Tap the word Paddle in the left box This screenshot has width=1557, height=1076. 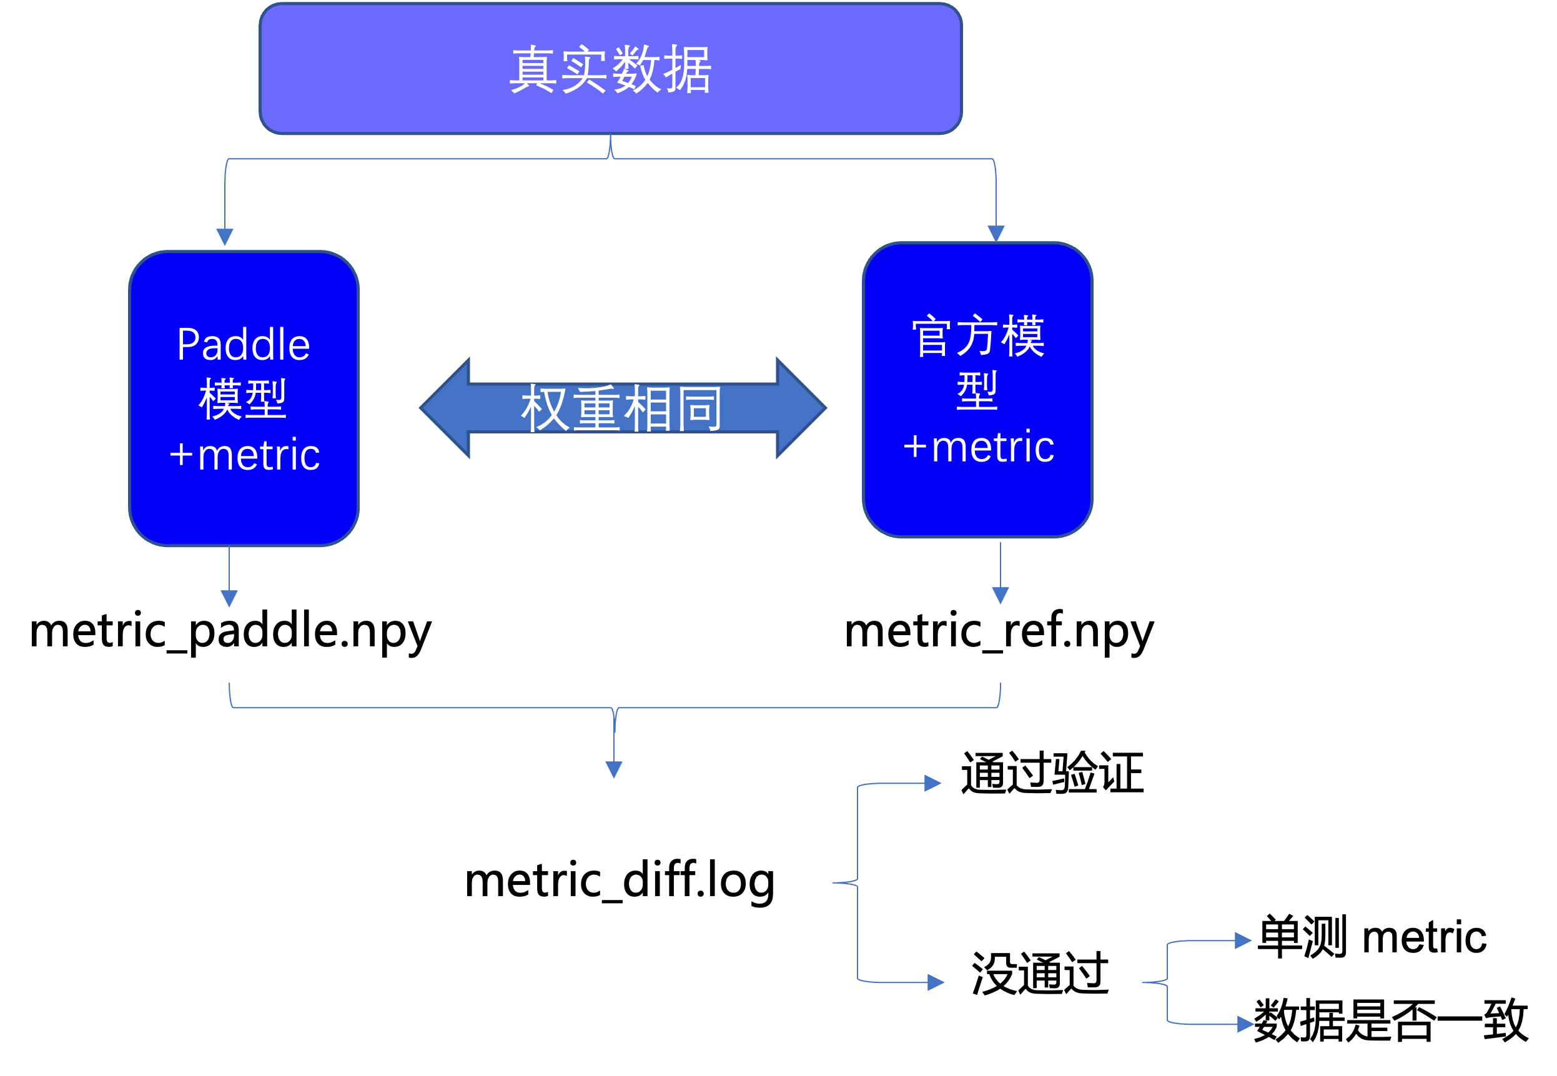244,345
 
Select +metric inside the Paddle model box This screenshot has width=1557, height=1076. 245,455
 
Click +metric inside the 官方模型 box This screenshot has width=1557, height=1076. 979,447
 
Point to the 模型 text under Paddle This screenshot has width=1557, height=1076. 243,399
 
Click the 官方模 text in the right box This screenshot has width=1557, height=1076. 978,336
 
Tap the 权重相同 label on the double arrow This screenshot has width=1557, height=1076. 621,408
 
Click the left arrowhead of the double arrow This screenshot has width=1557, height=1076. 445,408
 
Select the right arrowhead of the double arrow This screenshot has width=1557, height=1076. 801,408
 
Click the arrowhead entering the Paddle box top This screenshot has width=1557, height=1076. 225,237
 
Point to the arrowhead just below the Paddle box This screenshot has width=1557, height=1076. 229,598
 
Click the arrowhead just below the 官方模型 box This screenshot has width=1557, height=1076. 1001,595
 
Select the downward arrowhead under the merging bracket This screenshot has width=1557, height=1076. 614,769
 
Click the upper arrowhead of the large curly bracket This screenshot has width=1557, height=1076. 932,782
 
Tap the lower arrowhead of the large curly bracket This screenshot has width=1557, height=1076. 936,982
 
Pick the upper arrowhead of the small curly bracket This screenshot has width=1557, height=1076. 1243,940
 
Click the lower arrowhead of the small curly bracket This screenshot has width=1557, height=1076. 1245,1025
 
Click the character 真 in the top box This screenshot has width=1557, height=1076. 533,69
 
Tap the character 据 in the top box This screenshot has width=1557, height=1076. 687,69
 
